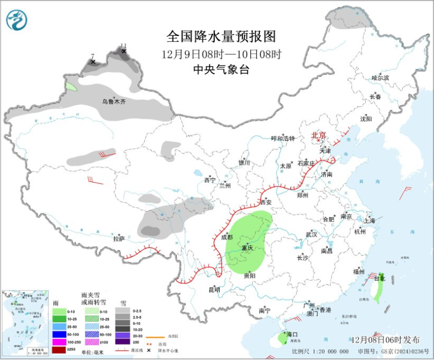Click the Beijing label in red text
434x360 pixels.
[319, 135]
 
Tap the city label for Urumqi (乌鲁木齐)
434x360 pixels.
[114, 101]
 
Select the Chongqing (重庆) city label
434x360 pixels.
[247, 248]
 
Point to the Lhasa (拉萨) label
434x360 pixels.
[119, 238]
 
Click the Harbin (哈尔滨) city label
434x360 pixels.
[380, 78]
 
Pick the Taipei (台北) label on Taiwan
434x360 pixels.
[380, 278]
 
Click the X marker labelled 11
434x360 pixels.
[124, 52]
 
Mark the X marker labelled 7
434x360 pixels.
[93, 62]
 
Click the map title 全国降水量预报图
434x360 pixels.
[221, 36]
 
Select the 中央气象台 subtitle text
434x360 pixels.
[221, 69]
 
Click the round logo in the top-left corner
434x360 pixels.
[16, 20]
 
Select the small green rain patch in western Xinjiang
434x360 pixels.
[71, 85]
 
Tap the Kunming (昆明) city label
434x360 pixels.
[214, 290]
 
